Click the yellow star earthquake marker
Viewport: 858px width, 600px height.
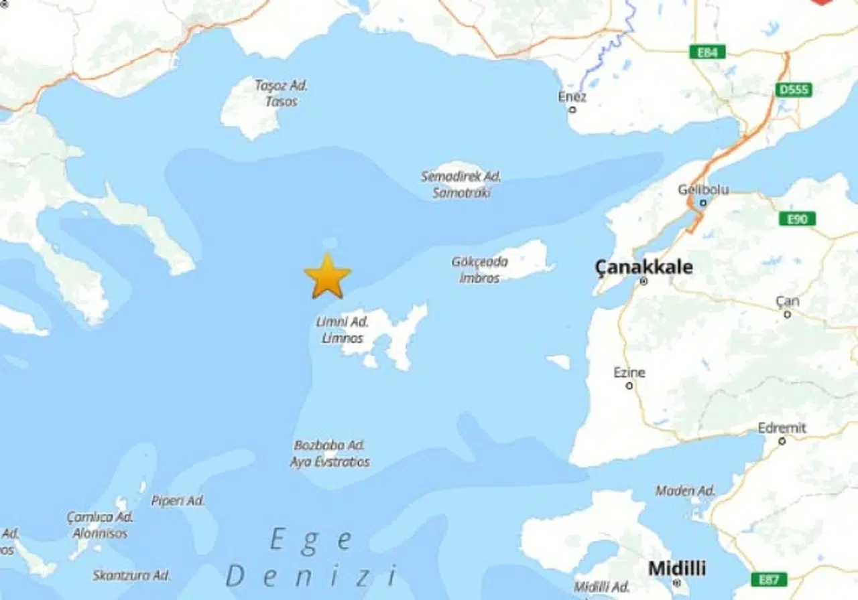[327, 276]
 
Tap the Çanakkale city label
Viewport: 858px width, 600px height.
[643, 268]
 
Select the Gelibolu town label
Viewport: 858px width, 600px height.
[702, 190]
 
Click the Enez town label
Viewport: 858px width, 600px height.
[572, 97]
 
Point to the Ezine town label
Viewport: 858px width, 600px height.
[629, 372]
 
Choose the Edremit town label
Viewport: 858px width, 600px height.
[782, 428]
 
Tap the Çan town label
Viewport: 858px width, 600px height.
[787, 301]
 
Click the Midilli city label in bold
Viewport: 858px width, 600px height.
[676, 569]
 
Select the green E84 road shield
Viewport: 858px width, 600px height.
[707, 52]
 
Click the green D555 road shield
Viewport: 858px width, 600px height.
[794, 90]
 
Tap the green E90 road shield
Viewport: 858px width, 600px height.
[798, 219]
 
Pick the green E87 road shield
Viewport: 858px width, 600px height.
[769, 579]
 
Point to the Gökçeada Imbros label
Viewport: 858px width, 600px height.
[479, 269]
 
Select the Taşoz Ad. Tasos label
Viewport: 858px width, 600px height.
[281, 93]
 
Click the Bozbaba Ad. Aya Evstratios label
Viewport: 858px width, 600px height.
[330, 453]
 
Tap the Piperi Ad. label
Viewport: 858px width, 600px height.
[178, 500]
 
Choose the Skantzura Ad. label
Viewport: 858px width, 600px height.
[131, 575]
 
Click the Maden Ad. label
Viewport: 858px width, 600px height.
[685, 491]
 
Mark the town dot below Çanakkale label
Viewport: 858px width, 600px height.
[643, 281]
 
